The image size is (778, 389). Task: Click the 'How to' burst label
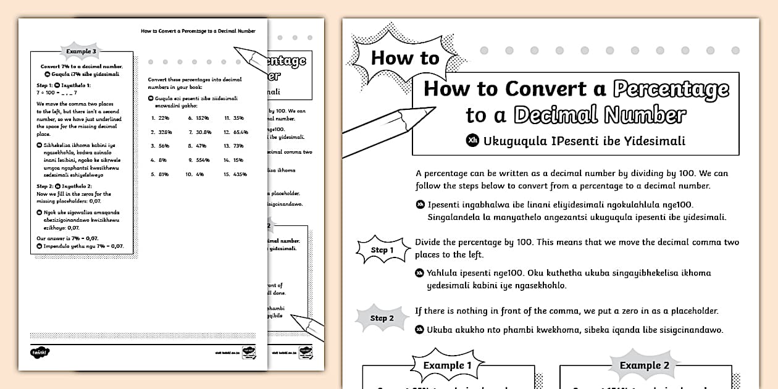[x=404, y=59]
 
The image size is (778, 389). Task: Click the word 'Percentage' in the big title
[x=671, y=89]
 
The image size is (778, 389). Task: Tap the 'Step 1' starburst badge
[x=382, y=250]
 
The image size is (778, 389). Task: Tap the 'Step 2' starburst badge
[x=382, y=318]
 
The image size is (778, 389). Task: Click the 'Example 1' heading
[x=448, y=366]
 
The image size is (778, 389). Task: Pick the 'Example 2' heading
[x=644, y=366]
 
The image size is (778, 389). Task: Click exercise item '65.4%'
[x=240, y=132]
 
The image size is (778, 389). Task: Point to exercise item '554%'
[x=203, y=160]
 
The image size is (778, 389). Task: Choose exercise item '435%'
[x=240, y=174]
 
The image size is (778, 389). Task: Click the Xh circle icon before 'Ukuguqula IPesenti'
[x=472, y=141]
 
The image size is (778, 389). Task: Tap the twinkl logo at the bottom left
[x=39, y=353]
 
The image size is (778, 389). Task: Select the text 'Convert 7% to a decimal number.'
[x=82, y=66]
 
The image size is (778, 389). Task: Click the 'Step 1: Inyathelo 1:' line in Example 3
[x=64, y=85]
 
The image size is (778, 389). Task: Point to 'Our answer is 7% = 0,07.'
[x=67, y=238]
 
